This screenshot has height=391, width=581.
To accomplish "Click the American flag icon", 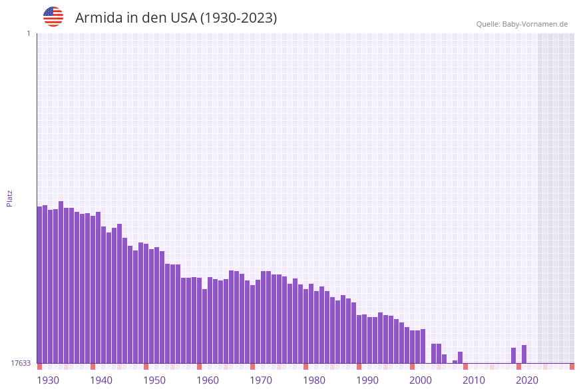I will pyautogui.click(x=53, y=17).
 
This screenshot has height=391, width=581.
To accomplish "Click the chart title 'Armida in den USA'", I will pyautogui.click(x=176, y=18).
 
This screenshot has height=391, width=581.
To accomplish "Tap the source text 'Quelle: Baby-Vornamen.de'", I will pyautogui.click(x=522, y=24).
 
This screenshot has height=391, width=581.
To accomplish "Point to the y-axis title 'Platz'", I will pyautogui.click(x=10, y=198).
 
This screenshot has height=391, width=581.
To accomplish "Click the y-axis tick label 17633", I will pyautogui.click(x=21, y=363).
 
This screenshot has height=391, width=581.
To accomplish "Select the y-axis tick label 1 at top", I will pyautogui.click(x=28, y=33).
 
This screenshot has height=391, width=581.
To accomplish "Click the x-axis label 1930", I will pyautogui.click(x=48, y=380).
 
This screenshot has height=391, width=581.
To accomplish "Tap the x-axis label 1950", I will pyautogui.click(x=154, y=380).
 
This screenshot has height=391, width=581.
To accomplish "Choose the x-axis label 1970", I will pyautogui.click(x=261, y=380).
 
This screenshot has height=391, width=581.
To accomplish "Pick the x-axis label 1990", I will pyautogui.click(x=367, y=380).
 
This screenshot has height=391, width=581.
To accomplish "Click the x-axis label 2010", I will pyautogui.click(x=474, y=380).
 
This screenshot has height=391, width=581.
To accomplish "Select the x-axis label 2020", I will pyautogui.click(x=527, y=380).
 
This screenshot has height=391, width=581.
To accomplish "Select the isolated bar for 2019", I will pyautogui.click(x=513, y=356).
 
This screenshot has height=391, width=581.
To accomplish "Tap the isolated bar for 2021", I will pyautogui.click(x=524, y=354).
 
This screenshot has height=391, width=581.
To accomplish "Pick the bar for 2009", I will pyautogui.click(x=460, y=358).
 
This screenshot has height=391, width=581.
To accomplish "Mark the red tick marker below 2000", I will pyautogui.click(x=412, y=366).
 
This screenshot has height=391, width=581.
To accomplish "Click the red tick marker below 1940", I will pyautogui.click(x=93, y=366).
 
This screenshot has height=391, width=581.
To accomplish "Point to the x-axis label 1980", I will pyautogui.click(x=314, y=380).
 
